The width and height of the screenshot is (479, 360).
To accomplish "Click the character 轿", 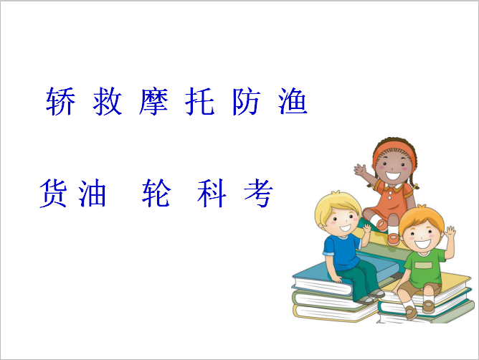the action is pos(60,101).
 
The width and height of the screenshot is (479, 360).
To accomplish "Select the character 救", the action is pos(108,101).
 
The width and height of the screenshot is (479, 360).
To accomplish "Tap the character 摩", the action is pos(153,101).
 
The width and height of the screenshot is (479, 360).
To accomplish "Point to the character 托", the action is pos(200,101).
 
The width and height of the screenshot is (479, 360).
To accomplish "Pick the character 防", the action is pos(246,101).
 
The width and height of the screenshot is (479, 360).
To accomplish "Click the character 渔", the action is pos(293,101).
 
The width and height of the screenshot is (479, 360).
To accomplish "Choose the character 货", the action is pos(53,194).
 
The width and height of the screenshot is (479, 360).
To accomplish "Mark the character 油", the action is pos(92,193).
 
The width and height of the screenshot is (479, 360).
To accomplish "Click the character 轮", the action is pos(156,193).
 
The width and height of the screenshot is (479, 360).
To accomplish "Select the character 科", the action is pos(212,193).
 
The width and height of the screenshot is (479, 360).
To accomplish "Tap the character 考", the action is pos(258,193).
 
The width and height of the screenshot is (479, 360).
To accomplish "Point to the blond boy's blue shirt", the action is pos(342,250).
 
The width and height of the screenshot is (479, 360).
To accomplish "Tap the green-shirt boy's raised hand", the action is pos(450,234).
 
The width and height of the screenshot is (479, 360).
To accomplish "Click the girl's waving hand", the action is pos(361,170).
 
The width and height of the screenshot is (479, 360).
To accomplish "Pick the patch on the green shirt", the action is pos(423,265).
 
